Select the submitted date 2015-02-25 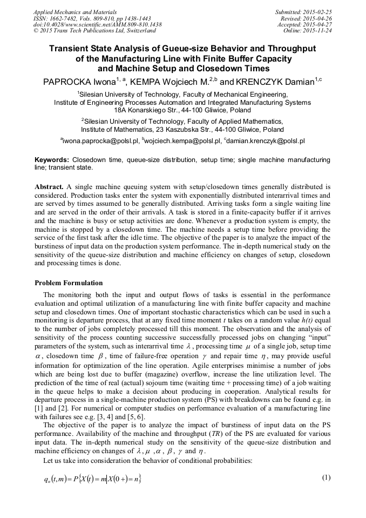(319, 12)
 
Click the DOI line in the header (97, 24)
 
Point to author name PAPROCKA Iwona (79, 83)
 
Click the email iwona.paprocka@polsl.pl (100, 141)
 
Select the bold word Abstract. (50, 186)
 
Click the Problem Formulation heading (69, 283)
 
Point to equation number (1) (326, 477)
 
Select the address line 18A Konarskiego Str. (182, 110)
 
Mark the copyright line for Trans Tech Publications (94, 31)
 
